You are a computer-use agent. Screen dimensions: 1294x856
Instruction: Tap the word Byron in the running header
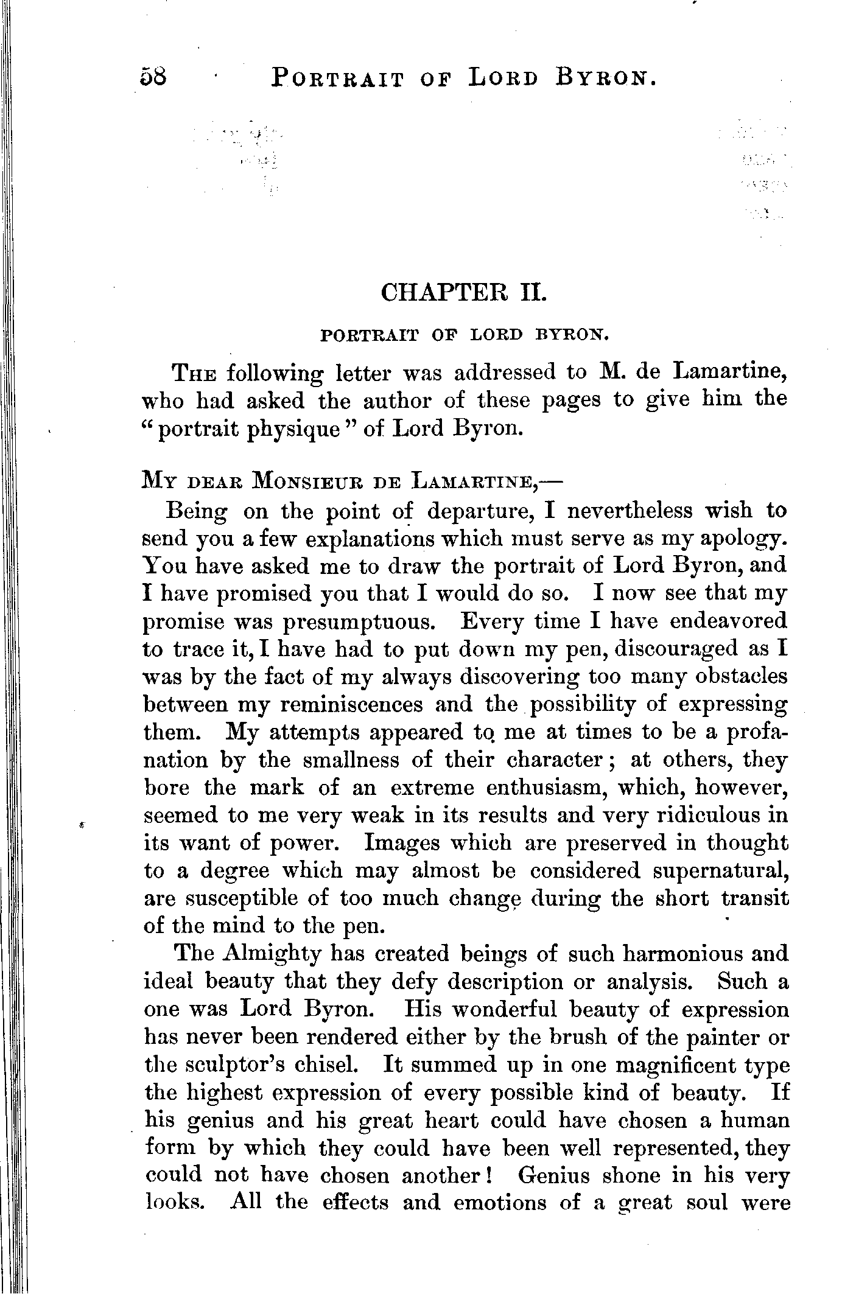606,78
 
